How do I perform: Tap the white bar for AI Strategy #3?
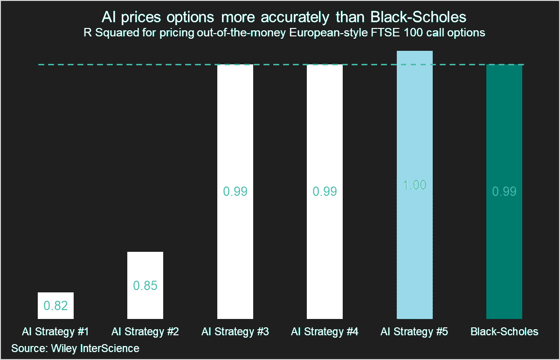(x=235, y=140)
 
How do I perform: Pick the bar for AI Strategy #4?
(x=325, y=140)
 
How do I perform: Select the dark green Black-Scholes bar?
(x=504, y=140)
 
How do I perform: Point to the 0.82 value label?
(x=55, y=306)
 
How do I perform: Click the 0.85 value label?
(x=145, y=286)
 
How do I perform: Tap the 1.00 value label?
(x=415, y=185)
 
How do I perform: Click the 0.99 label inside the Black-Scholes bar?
(x=504, y=192)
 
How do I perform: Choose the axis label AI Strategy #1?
(x=55, y=332)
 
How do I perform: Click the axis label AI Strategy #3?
(x=235, y=332)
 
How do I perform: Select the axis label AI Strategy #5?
(x=415, y=332)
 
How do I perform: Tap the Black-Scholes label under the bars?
(x=504, y=332)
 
